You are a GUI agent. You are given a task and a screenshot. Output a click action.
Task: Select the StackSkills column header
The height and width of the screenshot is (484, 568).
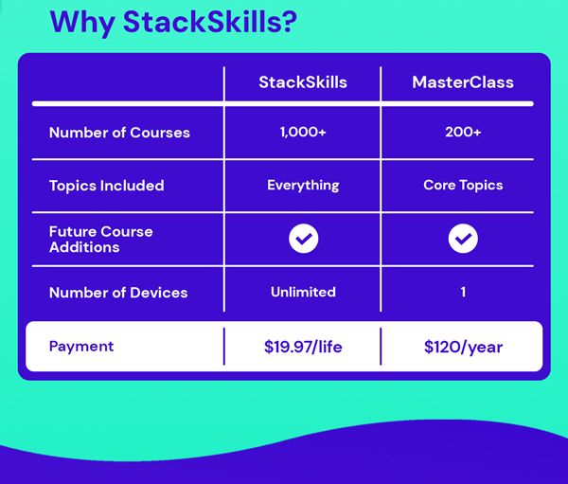point(303,82)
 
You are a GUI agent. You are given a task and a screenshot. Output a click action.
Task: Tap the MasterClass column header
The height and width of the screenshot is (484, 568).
point(463,82)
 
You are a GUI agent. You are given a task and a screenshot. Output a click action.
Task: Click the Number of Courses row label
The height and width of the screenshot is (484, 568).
point(119,133)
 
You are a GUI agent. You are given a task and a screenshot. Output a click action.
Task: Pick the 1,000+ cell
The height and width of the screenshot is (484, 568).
point(303,133)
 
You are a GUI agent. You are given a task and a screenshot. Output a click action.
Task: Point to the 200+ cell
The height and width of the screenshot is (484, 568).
point(463,133)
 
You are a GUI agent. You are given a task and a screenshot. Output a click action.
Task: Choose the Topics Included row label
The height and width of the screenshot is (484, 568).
point(106,186)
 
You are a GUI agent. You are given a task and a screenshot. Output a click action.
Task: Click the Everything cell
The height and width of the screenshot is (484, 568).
point(303,186)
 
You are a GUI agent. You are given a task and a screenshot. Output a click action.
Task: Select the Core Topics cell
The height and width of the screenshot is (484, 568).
point(463,186)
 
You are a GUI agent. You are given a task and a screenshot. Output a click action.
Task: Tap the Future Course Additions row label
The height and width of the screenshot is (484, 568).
point(100,239)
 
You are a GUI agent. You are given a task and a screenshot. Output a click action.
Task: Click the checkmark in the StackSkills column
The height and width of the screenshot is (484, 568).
point(303,240)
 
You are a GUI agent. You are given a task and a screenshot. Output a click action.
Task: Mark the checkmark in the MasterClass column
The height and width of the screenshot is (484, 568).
point(463,240)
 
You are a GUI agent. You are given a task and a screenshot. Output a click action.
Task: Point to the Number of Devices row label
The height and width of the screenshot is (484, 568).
point(118,293)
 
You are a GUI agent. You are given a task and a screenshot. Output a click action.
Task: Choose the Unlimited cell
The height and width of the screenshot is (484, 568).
point(303,292)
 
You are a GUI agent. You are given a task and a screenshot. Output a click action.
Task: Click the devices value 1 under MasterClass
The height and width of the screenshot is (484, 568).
point(463,293)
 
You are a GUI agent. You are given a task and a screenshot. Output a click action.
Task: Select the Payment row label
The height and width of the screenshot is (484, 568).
point(81,347)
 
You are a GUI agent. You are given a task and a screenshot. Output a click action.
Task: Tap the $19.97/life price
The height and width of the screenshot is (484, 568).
point(303,347)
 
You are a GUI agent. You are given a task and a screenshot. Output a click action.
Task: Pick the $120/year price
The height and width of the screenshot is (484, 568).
point(463,347)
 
